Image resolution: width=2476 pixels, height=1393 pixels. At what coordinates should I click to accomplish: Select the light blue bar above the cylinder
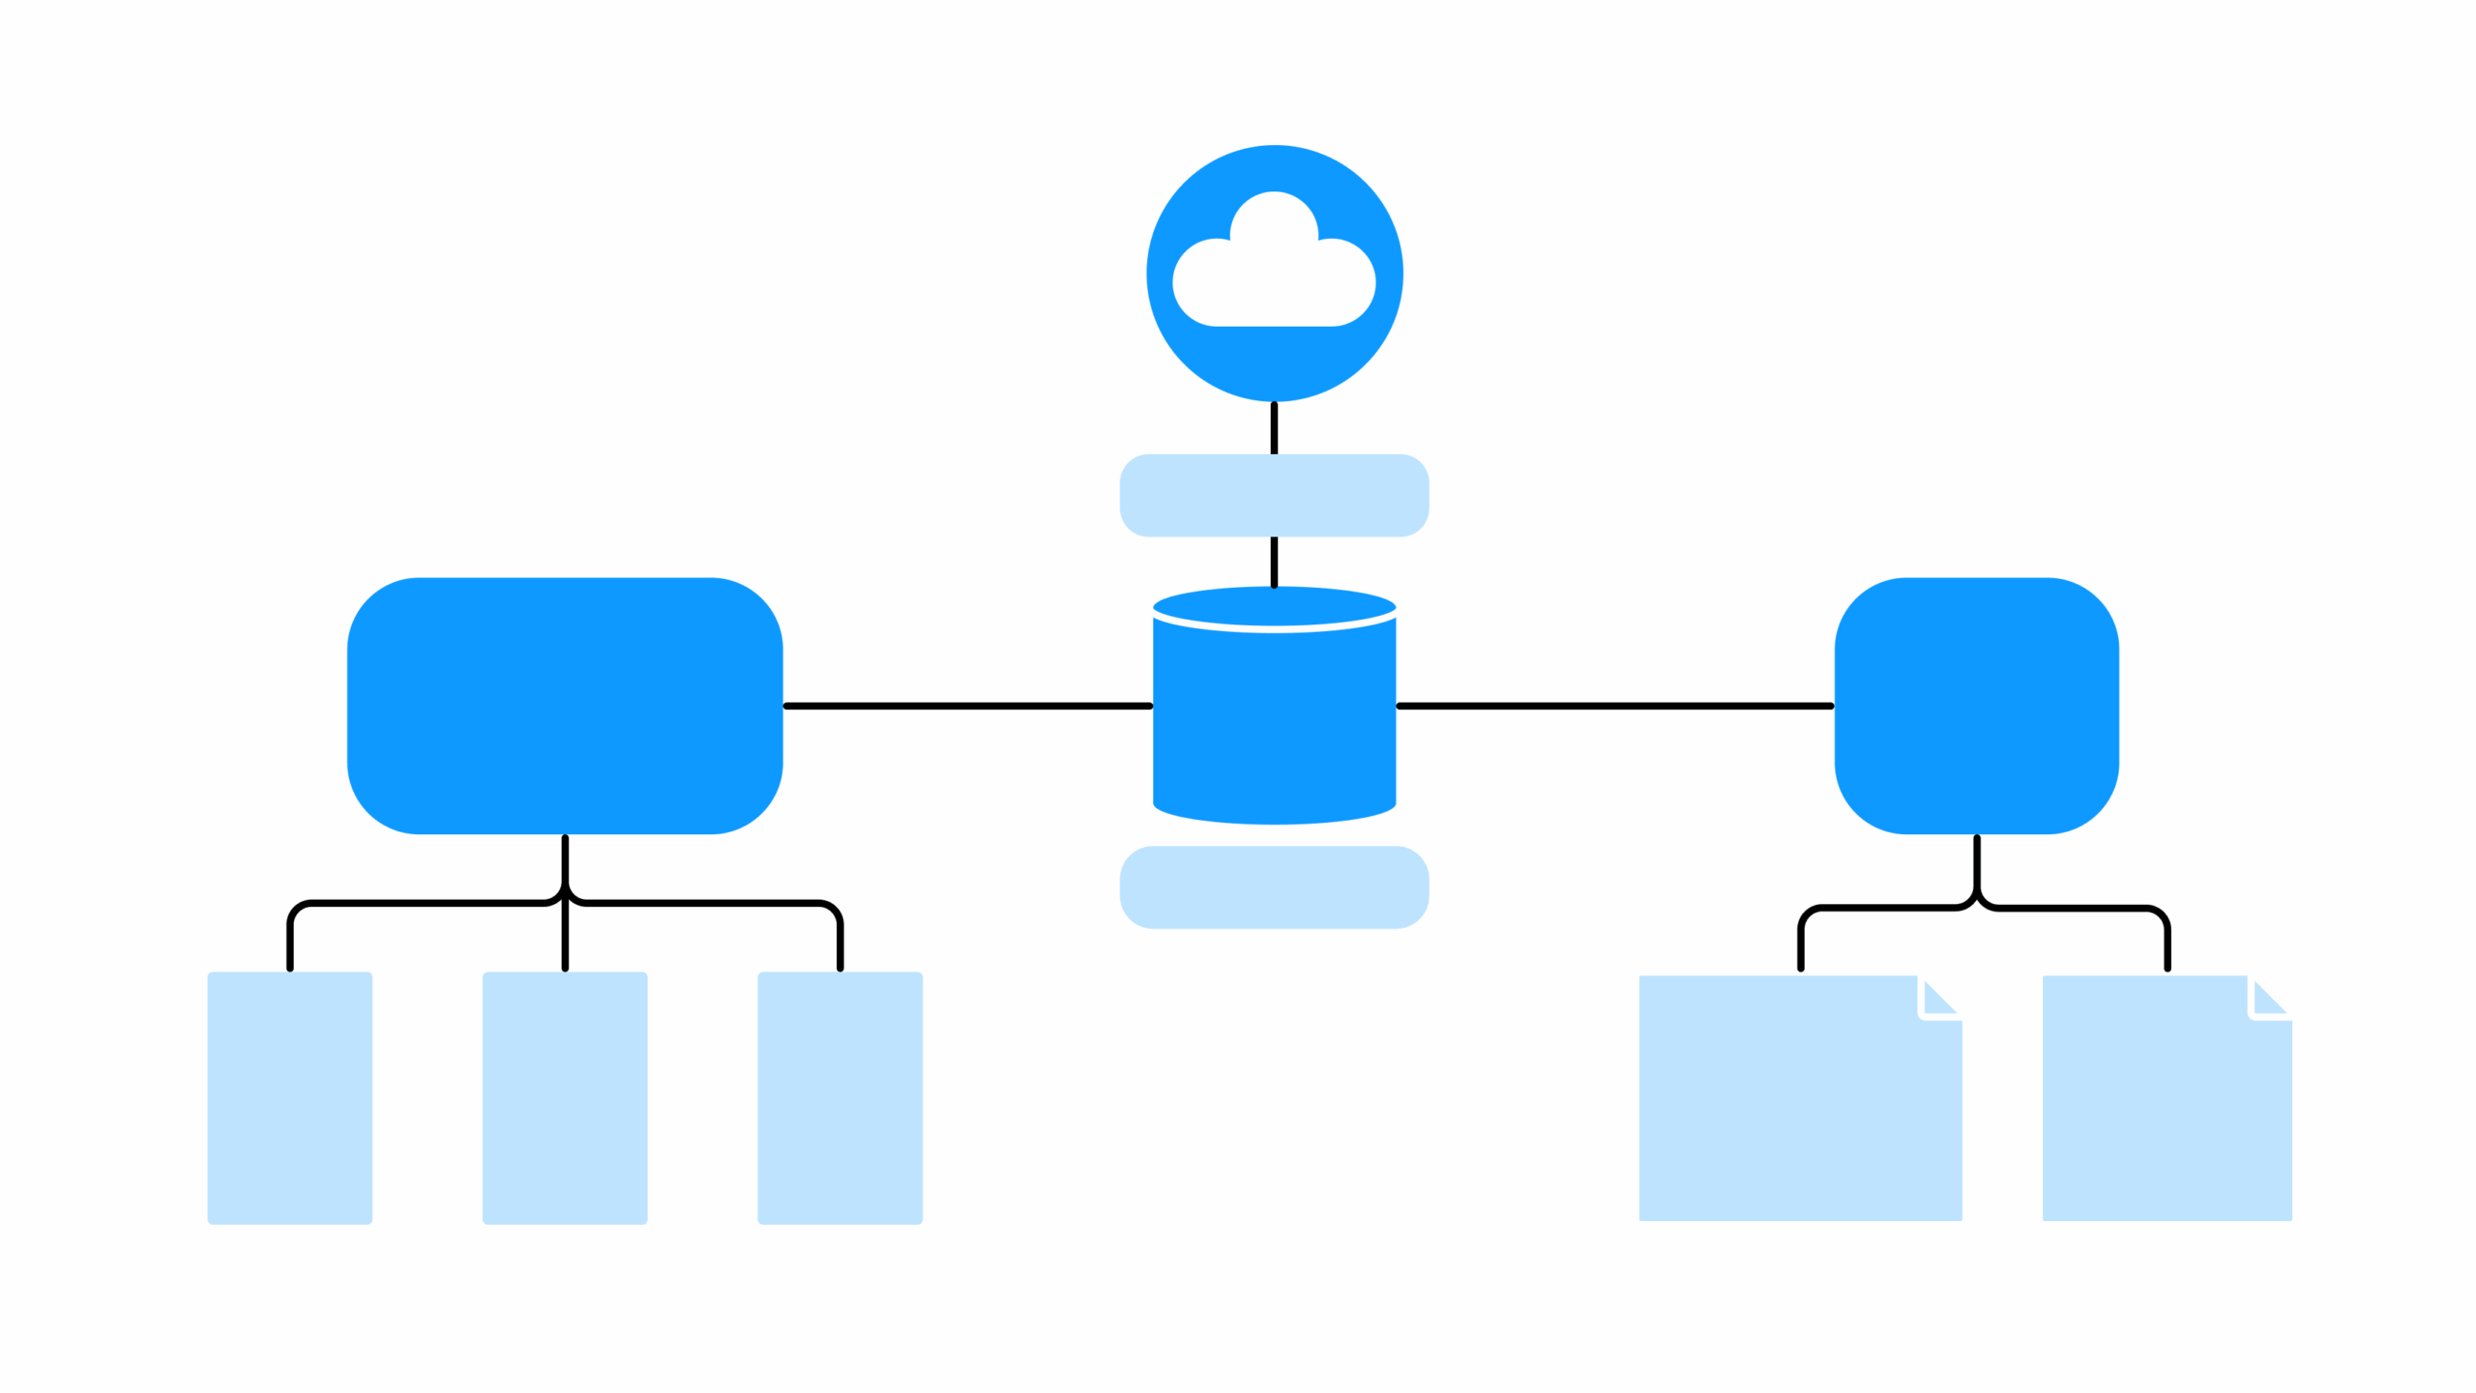(1274, 495)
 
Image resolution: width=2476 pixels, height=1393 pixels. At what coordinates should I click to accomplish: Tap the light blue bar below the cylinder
(1274, 887)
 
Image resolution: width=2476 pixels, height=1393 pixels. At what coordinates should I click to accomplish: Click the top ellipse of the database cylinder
(1274, 606)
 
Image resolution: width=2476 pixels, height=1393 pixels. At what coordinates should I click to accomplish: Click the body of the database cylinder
(1274, 725)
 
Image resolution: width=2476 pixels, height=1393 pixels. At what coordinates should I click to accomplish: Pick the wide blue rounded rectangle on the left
(565, 706)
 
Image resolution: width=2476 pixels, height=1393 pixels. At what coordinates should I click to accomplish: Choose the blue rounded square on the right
(1977, 706)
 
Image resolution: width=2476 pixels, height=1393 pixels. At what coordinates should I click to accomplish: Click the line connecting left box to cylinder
(967, 706)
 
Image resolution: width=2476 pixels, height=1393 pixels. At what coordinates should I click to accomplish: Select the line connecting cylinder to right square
(1615, 706)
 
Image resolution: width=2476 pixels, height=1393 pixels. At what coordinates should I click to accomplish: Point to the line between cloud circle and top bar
(1274, 428)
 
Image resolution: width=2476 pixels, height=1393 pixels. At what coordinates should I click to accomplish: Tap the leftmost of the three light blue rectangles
(289, 1098)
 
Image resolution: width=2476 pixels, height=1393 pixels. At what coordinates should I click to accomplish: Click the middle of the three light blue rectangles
(565, 1098)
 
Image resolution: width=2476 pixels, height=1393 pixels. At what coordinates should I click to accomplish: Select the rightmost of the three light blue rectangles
(840, 1098)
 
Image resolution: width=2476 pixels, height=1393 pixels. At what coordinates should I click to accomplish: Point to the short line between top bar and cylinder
(1274, 562)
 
